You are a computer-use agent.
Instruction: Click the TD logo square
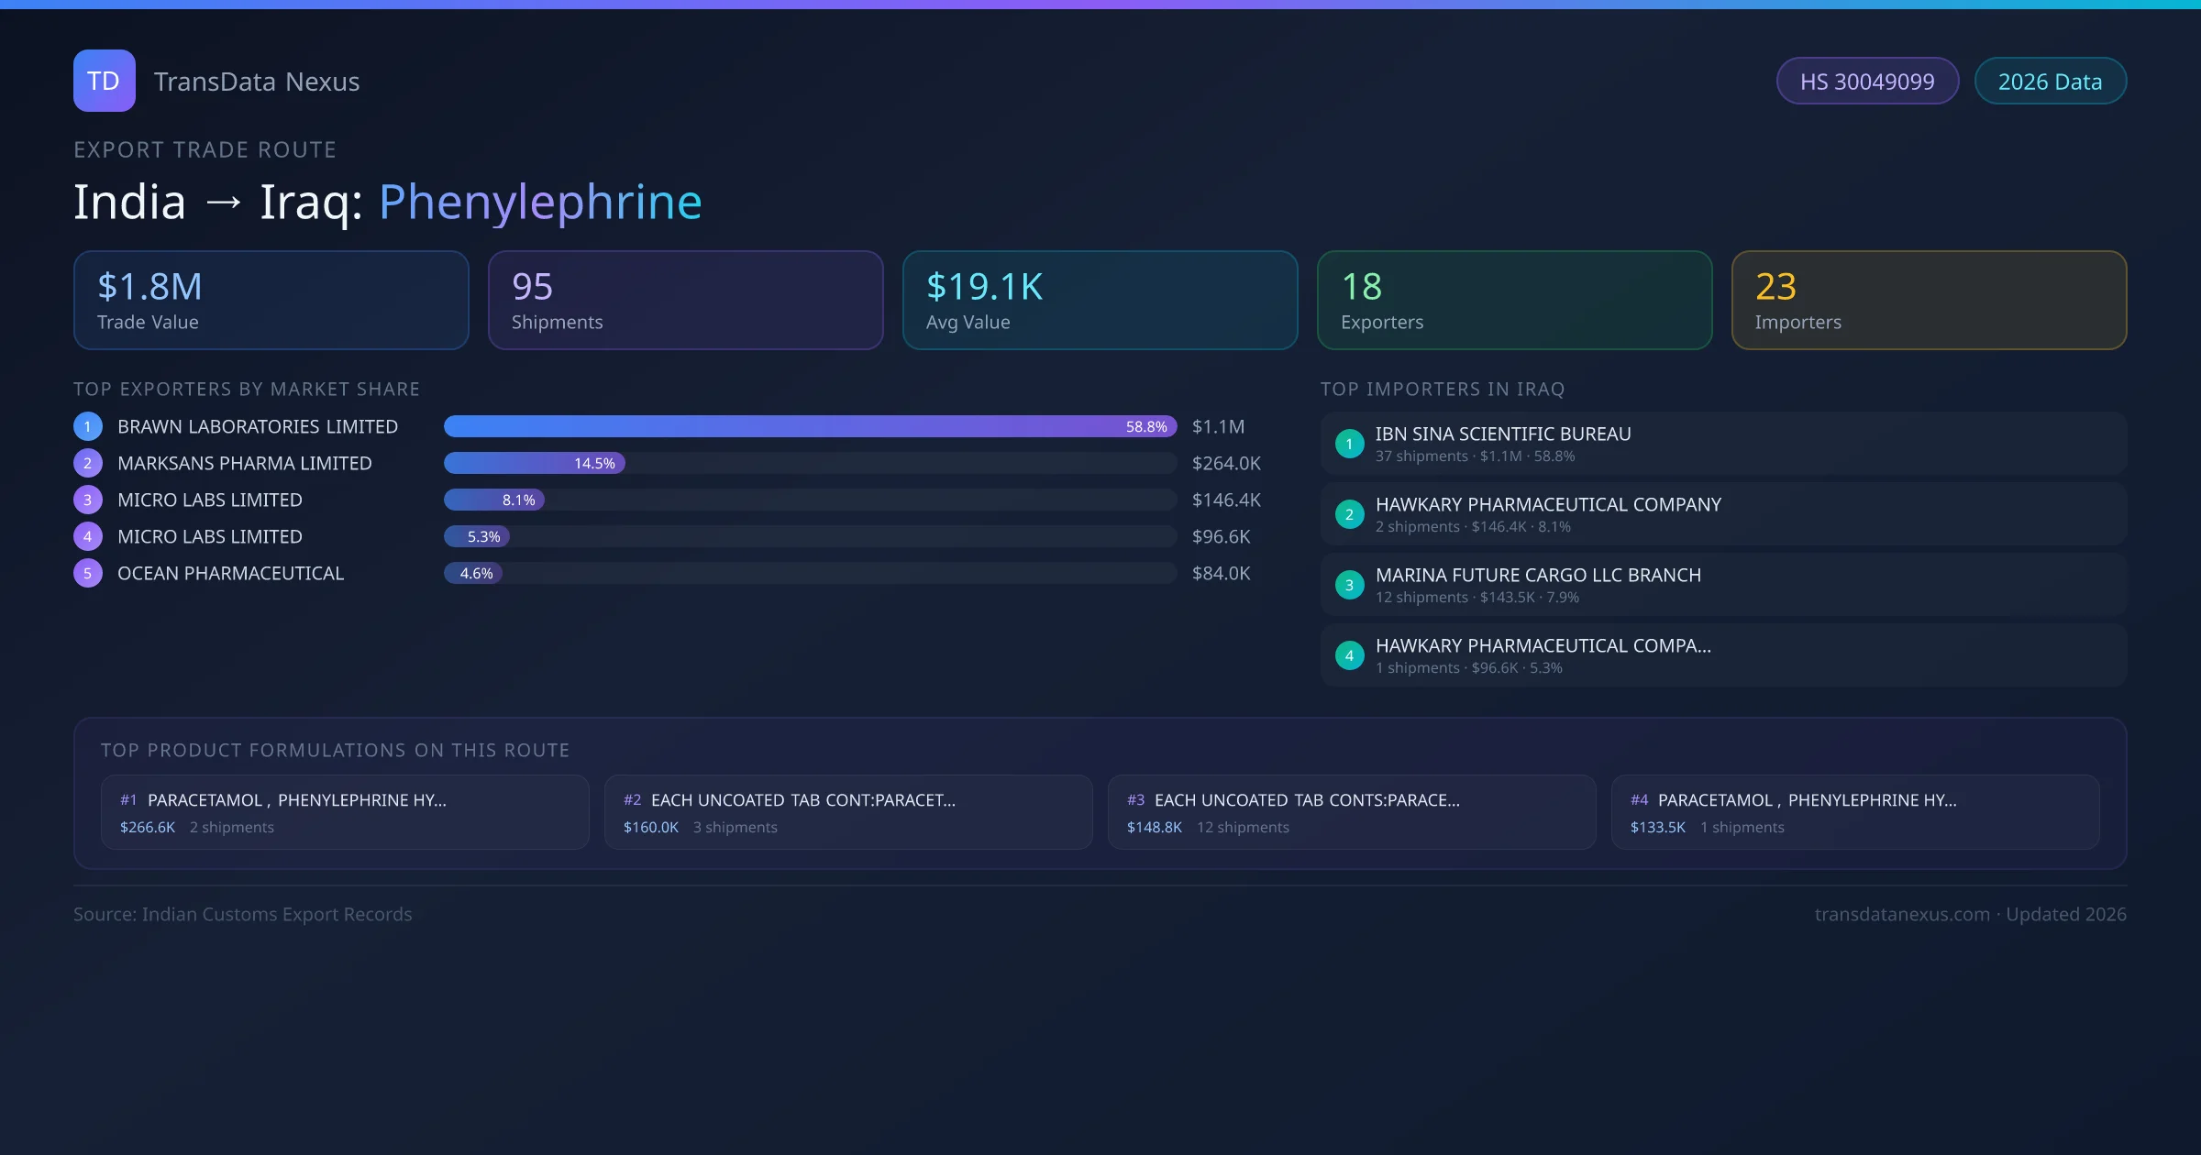104,81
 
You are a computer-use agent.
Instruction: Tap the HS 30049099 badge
1866,82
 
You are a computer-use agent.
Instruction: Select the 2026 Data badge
2050,82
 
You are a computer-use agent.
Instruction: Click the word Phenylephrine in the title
539,202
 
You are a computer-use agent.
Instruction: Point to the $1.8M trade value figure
149,287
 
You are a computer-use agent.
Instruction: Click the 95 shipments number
532,287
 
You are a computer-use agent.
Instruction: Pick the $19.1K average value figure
984,287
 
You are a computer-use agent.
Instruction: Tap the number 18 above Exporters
1361,287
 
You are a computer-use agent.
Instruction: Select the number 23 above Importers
1775,287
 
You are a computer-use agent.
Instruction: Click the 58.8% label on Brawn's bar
1146,426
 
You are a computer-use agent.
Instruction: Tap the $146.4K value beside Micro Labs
1226,500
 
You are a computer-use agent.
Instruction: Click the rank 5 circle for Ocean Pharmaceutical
88,573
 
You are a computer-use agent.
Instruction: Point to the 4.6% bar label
476,573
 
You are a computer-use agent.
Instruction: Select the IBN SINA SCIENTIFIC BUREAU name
1503,434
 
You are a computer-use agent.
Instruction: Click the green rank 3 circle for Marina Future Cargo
1349,585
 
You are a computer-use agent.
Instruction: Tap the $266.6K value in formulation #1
148,827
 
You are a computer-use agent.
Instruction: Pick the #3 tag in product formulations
1135,800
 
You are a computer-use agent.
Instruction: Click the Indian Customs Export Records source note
243,914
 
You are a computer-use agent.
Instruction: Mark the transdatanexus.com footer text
1902,914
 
